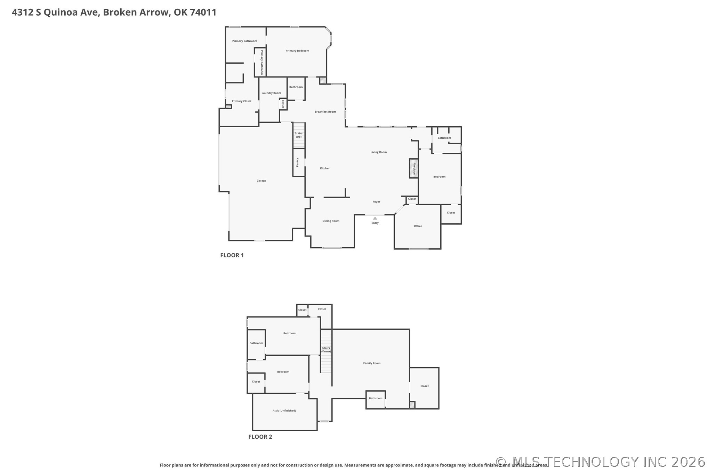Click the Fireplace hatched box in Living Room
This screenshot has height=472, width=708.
coord(413,169)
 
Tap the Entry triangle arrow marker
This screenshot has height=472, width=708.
coord(375,218)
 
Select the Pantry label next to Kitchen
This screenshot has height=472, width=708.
coord(298,162)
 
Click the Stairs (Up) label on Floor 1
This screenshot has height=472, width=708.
coord(299,135)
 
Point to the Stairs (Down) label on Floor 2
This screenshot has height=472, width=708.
coord(326,350)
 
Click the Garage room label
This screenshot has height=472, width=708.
coord(261,181)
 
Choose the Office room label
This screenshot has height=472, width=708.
coord(418,226)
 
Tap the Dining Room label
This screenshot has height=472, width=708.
coord(331,221)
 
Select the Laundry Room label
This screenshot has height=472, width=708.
coord(271,93)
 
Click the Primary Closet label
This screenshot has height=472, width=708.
coord(241,101)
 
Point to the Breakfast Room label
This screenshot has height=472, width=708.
coord(325,112)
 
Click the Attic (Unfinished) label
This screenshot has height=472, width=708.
coord(284,411)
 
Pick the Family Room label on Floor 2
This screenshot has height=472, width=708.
coord(372,363)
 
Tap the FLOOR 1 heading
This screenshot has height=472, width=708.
coord(232,255)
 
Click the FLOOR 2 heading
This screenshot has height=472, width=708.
coord(260,437)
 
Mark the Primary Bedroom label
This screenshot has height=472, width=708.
coord(297,51)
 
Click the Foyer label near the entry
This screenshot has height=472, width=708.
coord(376,202)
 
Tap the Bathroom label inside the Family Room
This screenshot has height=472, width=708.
coord(376,398)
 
